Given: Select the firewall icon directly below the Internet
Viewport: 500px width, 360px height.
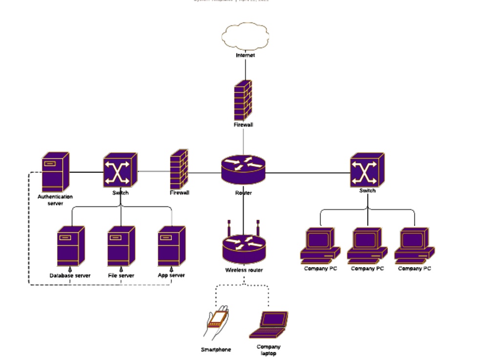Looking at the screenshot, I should (243, 100).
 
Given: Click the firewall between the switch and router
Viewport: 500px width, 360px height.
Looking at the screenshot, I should (179, 169).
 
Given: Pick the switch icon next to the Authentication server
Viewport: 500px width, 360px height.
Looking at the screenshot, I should (120, 170).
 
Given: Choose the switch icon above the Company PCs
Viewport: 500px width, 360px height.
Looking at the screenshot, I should (367, 170).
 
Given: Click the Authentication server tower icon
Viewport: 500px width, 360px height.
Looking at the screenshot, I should (55, 172).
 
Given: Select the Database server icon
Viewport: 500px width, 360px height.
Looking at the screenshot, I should (70, 246).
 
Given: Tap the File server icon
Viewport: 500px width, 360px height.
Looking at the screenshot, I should (121, 246).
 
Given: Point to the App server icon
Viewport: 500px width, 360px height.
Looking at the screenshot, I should (171, 246).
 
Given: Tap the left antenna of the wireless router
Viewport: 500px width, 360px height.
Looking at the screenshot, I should (229, 228).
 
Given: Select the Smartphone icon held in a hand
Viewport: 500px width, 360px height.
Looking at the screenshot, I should (216, 321).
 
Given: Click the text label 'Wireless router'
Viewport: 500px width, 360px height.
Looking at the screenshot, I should (244, 270).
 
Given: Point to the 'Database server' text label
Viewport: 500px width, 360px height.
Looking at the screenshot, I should (70, 276).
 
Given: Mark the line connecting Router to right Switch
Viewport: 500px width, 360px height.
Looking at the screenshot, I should (308, 173).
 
